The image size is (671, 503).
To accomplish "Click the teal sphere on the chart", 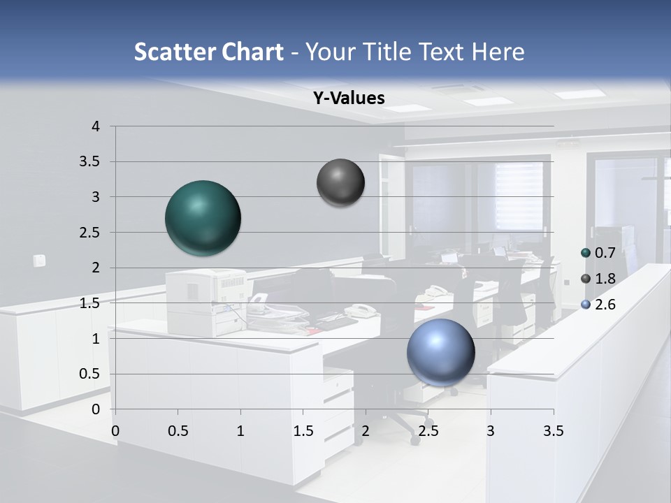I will tap(203, 218).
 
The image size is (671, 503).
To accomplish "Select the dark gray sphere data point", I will tap(340, 183).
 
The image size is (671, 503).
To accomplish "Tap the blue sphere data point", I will tap(441, 352).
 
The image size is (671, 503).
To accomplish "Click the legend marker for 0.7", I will tap(586, 253).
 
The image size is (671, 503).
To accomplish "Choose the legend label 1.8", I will tap(605, 279).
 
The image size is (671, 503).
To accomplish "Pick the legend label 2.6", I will tap(605, 305).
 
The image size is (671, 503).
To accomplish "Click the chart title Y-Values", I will tap(349, 99).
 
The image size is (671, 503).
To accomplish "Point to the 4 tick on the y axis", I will tap(96, 126).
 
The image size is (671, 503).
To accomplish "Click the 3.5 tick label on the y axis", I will tap(90, 161).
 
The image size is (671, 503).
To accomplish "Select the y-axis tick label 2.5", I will tap(90, 233).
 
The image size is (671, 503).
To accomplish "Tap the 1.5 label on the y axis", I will tap(90, 303).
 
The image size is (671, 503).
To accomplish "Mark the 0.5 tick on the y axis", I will tap(90, 374).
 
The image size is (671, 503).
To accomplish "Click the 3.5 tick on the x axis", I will tap(553, 431).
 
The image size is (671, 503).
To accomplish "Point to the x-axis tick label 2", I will tap(366, 431).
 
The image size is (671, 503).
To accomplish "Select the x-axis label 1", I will tap(240, 431).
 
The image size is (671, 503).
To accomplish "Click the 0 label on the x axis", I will tap(115, 431).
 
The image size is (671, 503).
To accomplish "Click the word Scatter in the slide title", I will tap(173, 52).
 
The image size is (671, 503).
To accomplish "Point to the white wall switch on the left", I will tap(39, 261).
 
